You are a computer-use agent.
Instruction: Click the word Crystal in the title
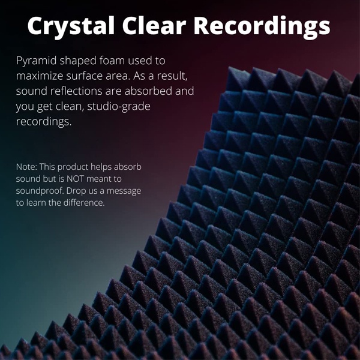[x=71, y=26]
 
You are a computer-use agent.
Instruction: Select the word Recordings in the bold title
[x=262, y=26]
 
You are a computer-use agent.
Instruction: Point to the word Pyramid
[x=36, y=61]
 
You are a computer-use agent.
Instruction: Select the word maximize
[x=40, y=76]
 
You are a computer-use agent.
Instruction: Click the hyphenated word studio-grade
[x=119, y=107]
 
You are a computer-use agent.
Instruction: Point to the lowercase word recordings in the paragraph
[x=44, y=122]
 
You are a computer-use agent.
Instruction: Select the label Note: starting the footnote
[x=26, y=167]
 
